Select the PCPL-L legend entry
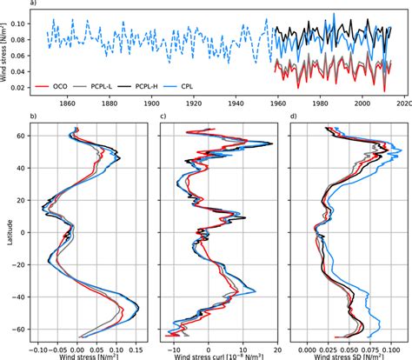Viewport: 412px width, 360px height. pyautogui.click(x=130, y=87)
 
